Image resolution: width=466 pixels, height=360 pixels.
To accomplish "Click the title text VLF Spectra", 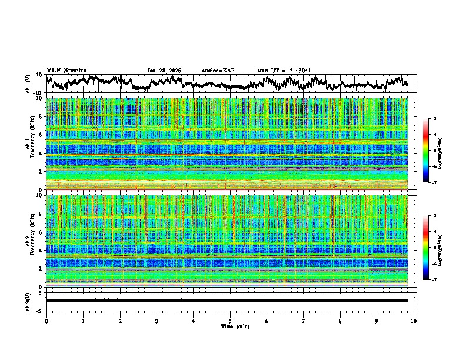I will (x=66, y=70).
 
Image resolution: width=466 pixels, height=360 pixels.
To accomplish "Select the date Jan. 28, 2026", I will (x=164, y=71).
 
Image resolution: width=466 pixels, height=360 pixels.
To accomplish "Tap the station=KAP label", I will (x=218, y=71).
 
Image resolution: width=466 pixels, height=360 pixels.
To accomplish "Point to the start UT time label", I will (x=284, y=71).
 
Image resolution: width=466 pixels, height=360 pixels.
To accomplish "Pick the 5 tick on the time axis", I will (x=230, y=321).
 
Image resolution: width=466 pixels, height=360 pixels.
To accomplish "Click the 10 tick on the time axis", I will (x=414, y=321).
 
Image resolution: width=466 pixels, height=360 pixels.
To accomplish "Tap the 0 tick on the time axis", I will (x=46, y=321).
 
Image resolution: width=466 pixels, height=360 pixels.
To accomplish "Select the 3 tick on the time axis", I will (x=157, y=321).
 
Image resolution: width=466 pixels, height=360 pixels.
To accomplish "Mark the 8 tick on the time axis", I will (x=340, y=321).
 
